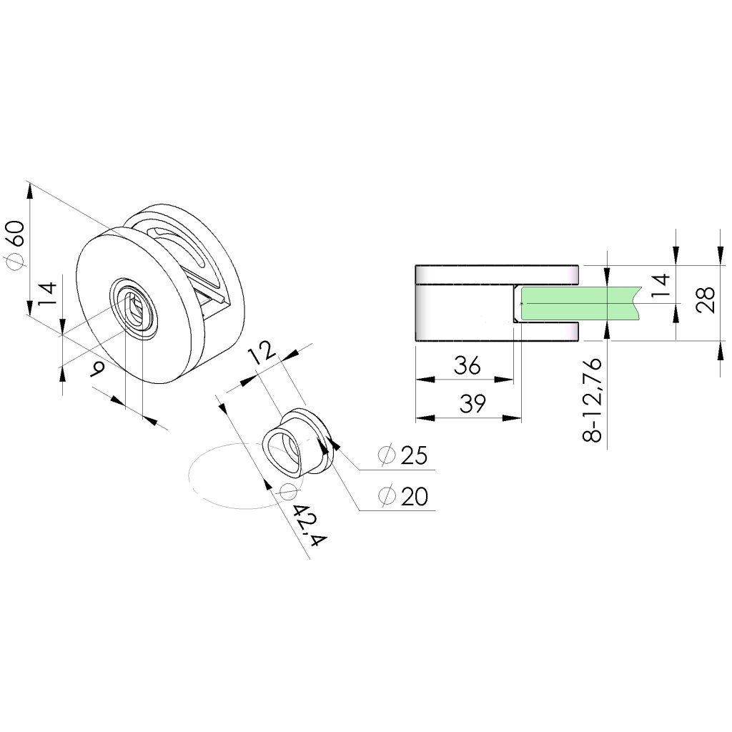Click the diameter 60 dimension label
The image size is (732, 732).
tap(16, 245)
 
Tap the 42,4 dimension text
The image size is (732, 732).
tap(309, 525)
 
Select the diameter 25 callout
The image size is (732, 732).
tap(404, 455)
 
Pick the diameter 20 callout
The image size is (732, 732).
tap(404, 495)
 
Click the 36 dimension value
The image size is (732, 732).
tap(468, 367)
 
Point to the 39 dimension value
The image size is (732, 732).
tap(469, 404)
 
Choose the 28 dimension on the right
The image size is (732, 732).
tap(704, 300)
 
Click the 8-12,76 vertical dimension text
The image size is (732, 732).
tap(593, 401)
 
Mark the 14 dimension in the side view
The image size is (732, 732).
tap(660, 285)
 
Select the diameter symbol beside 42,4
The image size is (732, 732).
tap(288, 491)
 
